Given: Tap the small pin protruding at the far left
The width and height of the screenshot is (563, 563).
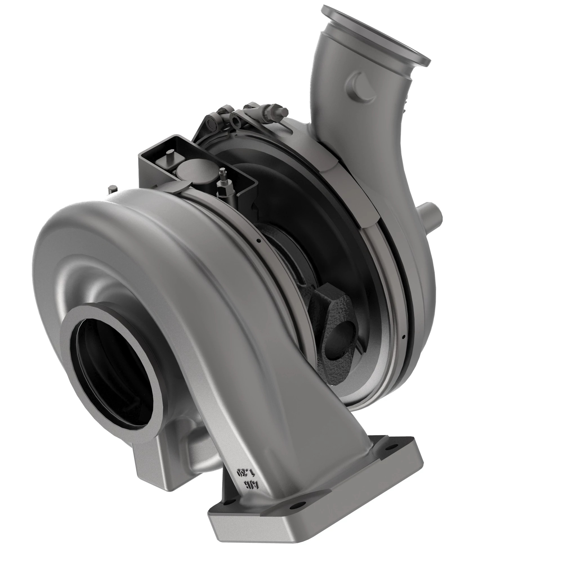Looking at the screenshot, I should (112, 189).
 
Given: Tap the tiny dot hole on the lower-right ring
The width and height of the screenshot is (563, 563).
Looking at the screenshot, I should (403, 337).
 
